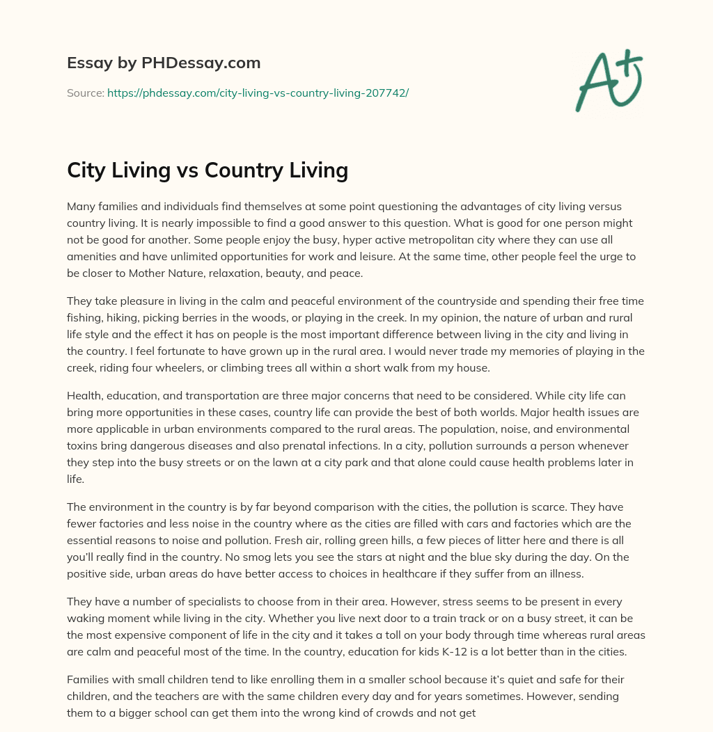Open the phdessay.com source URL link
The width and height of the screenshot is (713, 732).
click(258, 93)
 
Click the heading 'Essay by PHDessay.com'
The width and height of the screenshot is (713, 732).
click(164, 63)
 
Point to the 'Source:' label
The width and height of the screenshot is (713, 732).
click(85, 93)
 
